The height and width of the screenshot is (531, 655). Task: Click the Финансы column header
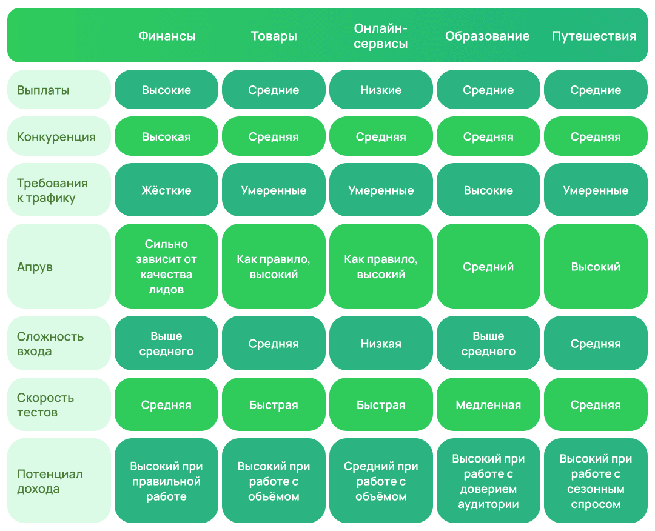tap(167, 36)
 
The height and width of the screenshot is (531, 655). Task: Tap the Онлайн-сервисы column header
tap(380, 36)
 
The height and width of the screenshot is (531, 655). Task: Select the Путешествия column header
tap(594, 36)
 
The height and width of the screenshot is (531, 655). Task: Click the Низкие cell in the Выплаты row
tap(381, 89)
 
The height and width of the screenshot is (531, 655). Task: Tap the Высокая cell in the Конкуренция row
tap(166, 136)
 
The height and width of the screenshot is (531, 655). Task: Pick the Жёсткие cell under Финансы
tap(166, 190)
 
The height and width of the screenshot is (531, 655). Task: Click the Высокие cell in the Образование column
tap(488, 190)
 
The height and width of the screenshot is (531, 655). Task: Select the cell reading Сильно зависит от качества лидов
tap(166, 266)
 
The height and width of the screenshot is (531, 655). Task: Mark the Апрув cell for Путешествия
tap(596, 266)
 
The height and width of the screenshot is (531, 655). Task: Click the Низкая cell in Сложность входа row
tap(381, 343)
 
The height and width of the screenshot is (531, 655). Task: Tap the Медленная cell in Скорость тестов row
tap(488, 404)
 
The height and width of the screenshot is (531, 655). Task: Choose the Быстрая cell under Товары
tap(274, 404)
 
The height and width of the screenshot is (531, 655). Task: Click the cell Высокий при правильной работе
tap(166, 481)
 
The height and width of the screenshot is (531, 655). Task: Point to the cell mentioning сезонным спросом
tap(596, 481)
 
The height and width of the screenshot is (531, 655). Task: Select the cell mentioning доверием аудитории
tap(488, 481)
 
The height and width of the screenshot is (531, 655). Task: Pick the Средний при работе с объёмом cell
tap(381, 481)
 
